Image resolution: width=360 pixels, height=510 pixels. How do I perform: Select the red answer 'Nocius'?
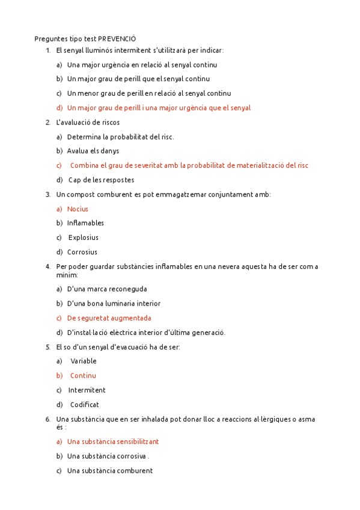pyautogui.click(x=78, y=209)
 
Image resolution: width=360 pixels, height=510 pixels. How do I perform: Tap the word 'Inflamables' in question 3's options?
pyautogui.click(x=85, y=223)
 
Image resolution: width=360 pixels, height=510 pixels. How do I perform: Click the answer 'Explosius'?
pyautogui.click(x=84, y=238)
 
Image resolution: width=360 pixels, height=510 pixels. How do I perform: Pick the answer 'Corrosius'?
pyautogui.click(x=82, y=252)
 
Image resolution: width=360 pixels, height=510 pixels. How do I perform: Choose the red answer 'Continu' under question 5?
pyautogui.click(x=83, y=375)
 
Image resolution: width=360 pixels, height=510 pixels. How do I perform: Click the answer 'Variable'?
pyautogui.click(x=84, y=361)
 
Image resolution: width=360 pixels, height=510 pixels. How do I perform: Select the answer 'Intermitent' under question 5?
pyautogui.click(x=87, y=390)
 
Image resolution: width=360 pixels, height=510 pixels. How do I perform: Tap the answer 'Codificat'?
pyautogui.click(x=85, y=405)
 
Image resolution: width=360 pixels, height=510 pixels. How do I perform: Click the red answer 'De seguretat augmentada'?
pyautogui.click(x=109, y=318)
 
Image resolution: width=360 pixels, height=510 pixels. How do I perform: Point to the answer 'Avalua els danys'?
pyautogui.click(x=93, y=151)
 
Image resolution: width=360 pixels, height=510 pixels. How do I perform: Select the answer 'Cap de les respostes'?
pyautogui.click(x=101, y=180)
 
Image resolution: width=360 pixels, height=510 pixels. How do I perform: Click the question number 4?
pyautogui.click(x=47, y=266)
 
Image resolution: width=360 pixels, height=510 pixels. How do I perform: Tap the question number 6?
pyautogui.click(x=47, y=419)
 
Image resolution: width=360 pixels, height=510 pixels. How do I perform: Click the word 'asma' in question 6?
pyautogui.click(x=305, y=419)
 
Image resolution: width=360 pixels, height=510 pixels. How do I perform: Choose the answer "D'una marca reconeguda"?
pyautogui.click(x=107, y=289)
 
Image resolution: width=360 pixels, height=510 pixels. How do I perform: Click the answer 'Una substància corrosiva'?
pyautogui.click(x=106, y=456)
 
